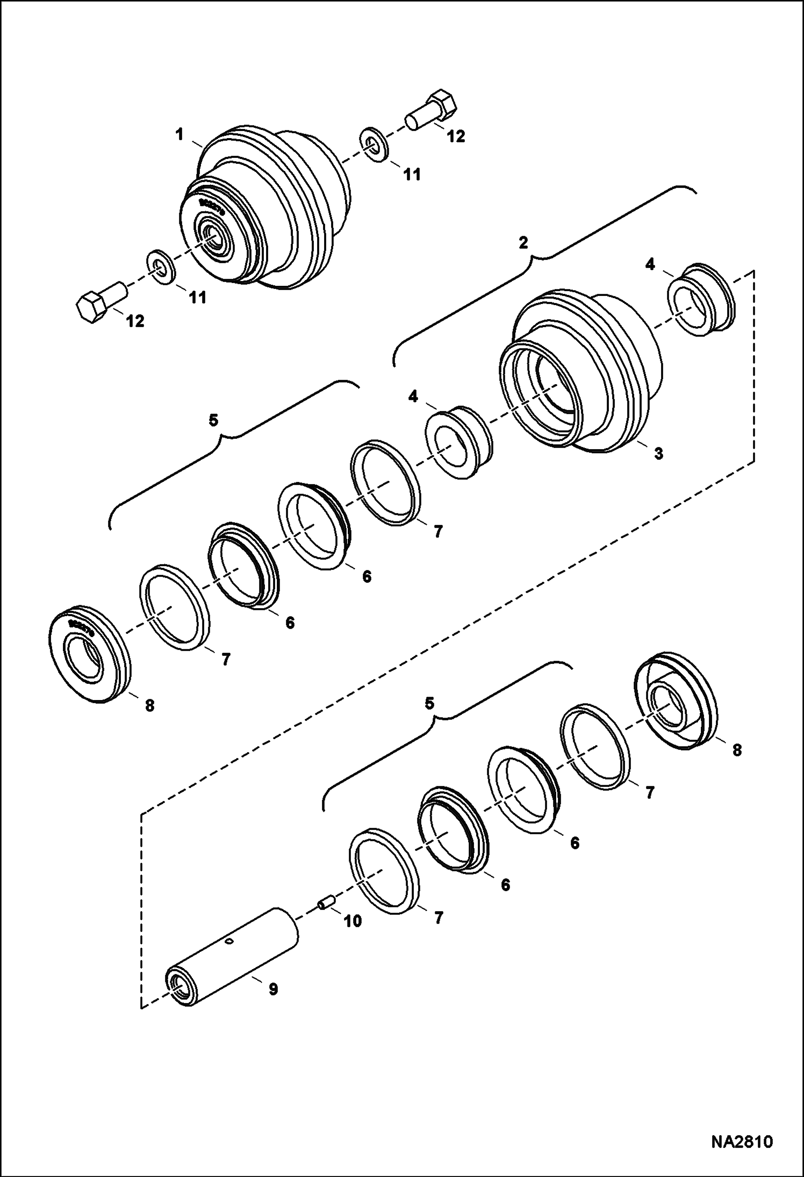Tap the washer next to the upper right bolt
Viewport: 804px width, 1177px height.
(372, 143)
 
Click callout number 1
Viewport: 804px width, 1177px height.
(181, 135)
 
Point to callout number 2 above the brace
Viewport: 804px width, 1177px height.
(523, 242)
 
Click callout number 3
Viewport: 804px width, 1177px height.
(658, 453)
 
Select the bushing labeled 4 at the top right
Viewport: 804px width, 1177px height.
(701, 300)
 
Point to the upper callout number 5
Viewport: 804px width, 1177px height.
(214, 420)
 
